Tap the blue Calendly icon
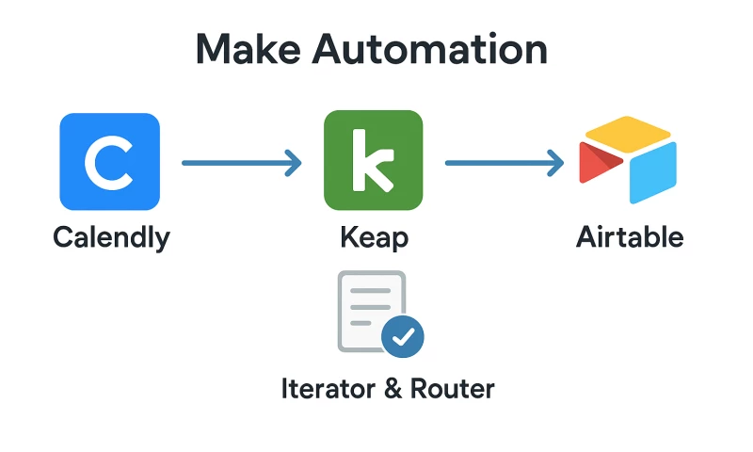pyautogui.click(x=109, y=161)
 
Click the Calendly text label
pyautogui.click(x=111, y=236)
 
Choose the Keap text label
pyautogui.click(x=374, y=237)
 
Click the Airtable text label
pyautogui.click(x=629, y=236)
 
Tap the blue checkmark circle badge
pyautogui.click(x=403, y=336)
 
